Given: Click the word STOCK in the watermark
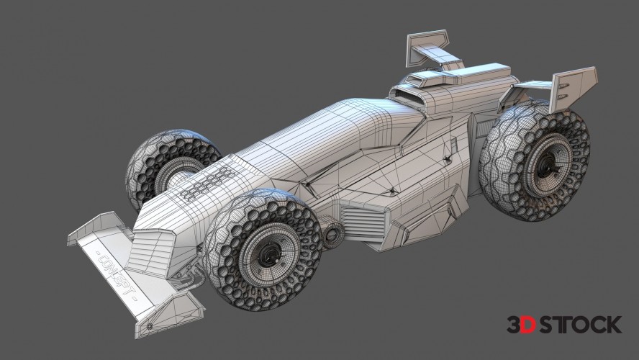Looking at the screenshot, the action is tap(579, 325).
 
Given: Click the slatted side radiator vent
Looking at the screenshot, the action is tap(363, 220).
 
